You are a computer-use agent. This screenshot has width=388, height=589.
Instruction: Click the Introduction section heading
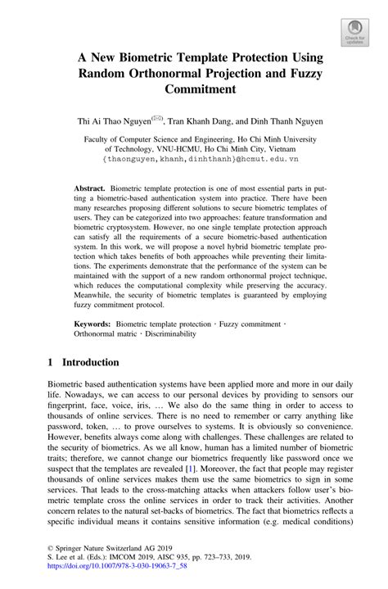[x=83, y=362]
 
